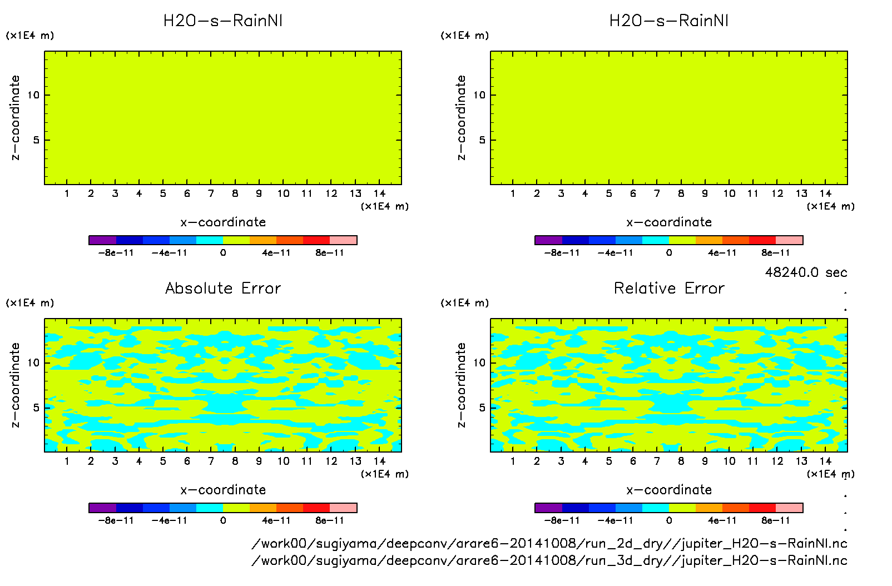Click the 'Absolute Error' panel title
point(223,288)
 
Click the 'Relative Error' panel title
point(669,288)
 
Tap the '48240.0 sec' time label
point(806,272)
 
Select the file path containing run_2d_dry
point(549,543)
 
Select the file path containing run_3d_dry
point(549,560)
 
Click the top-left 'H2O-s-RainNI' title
point(223,21)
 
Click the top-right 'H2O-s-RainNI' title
point(669,21)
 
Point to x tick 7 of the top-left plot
point(211,193)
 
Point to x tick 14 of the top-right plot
point(825,193)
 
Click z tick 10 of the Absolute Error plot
point(34,363)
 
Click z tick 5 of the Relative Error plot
point(482,408)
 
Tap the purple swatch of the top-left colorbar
point(102,240)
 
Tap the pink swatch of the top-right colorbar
point(789,240)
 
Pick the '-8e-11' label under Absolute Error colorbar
point(116,520)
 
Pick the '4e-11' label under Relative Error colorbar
point(722,520)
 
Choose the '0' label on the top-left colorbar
point(223,253)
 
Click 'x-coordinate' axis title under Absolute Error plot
point(223,490)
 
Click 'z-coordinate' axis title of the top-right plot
point(461,118)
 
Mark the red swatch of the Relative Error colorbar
point(762,508)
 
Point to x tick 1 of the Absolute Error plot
point(67,461)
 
